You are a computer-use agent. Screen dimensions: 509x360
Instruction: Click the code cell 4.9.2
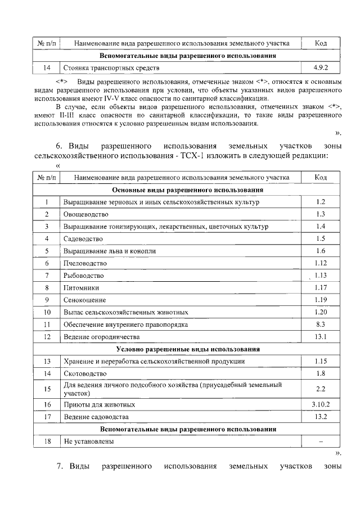(321, 68)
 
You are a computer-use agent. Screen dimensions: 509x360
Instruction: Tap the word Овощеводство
(86, 214)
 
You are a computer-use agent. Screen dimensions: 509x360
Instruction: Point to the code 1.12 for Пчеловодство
(321, 263)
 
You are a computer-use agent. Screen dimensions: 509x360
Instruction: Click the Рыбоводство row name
(84, 276)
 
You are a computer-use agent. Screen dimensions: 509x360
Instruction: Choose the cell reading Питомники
(81, 287)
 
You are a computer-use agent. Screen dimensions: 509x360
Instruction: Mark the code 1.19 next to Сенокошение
(321, 299)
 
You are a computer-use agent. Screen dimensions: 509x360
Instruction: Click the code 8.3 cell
(321, 324)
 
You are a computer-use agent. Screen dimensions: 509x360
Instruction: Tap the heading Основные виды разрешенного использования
(187, 190)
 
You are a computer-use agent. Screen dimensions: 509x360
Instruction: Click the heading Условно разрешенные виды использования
(187, 349)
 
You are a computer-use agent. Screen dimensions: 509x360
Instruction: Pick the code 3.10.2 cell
(321, 404)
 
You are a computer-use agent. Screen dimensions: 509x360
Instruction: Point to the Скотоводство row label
(85, 373)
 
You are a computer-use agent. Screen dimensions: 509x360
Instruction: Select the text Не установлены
(89, 442)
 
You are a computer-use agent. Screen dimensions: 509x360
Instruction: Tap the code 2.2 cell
(321, 389)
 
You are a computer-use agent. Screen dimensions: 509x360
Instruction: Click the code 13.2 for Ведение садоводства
(321, 417)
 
